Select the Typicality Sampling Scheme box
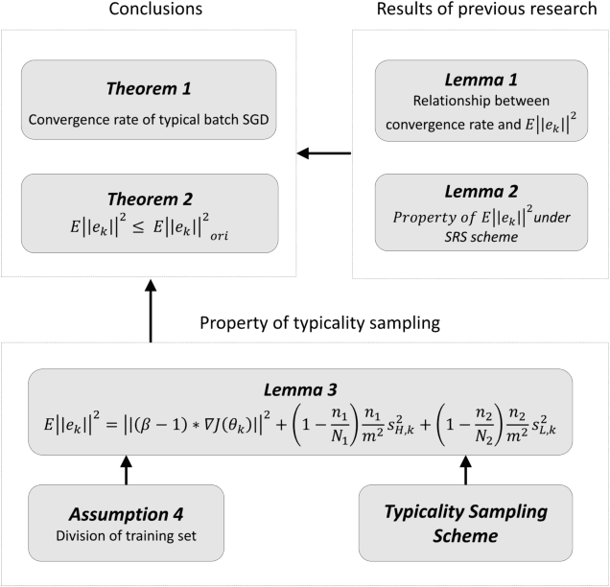coord(465,523)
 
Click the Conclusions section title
coord(148,12)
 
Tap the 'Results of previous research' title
coord(480,12)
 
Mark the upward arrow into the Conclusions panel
coord(150,311)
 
